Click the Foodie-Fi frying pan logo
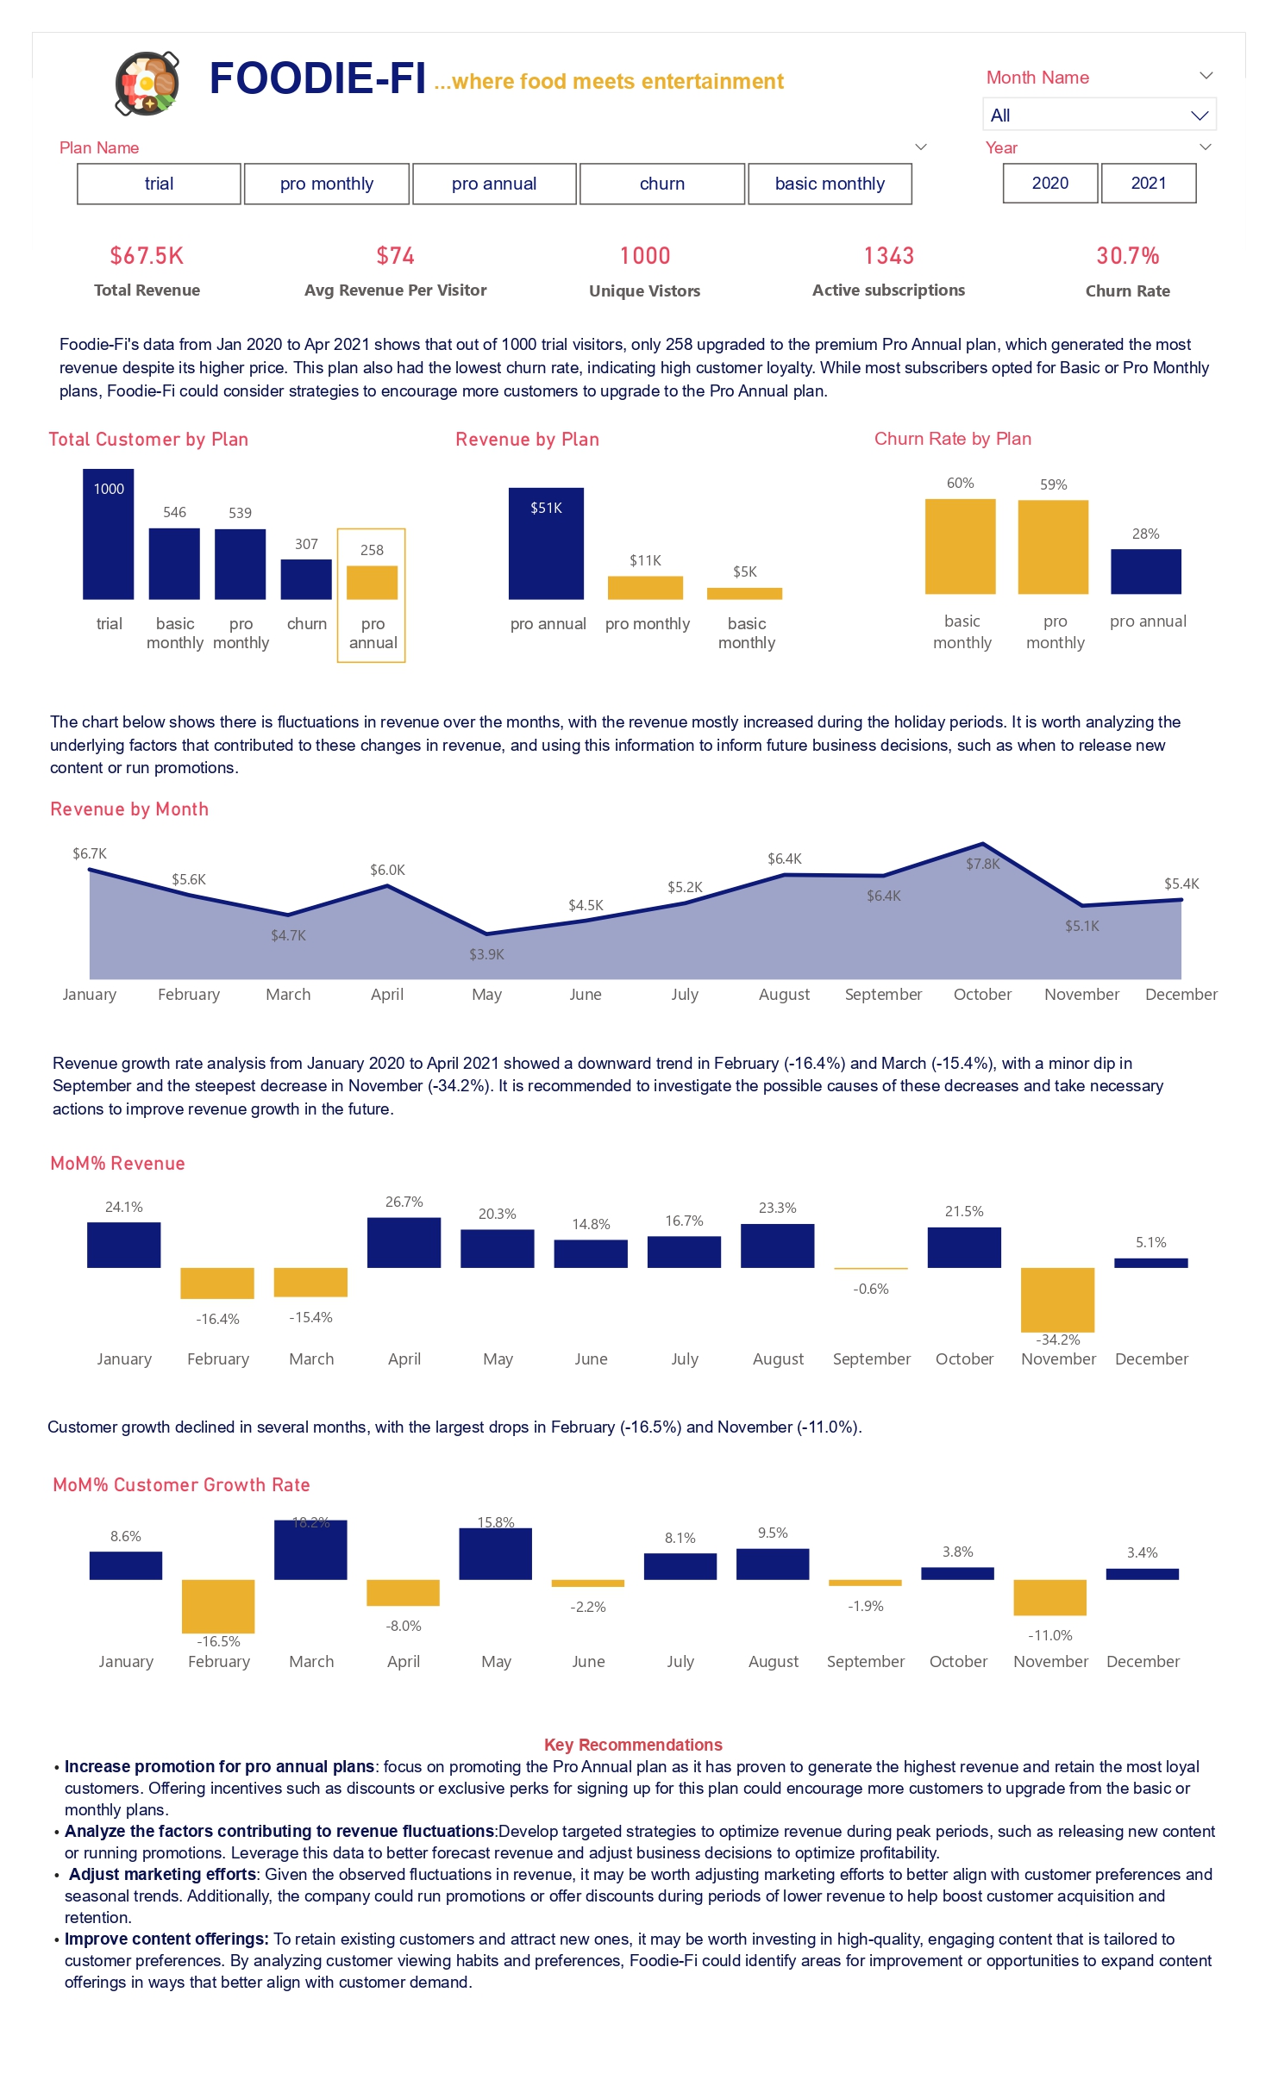pos(147,83)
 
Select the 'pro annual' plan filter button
pos(494,184)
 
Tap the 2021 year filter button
pos(1148,184)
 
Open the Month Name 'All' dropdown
pos(1099,115)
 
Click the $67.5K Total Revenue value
pos(147,256)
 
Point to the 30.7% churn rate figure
pos(1127,256)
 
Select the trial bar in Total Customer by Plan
pos(109,534)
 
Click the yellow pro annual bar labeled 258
pos(372,582)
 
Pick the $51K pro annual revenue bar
pos(546,544)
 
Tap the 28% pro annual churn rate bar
pos(1145,571)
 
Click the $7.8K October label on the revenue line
pos(982,864)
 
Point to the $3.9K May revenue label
pos(486,954)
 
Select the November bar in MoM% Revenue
pos(1057,1299)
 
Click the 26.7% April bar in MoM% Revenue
pos(404,1242)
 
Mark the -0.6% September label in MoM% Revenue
pos(870,1289)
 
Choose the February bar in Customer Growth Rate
pos(218,1606)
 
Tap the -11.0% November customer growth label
pos(1049,1635)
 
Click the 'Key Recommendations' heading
pos(633,1745)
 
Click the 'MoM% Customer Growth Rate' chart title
pos(181,1484)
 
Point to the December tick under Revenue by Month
pos(1181,995)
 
